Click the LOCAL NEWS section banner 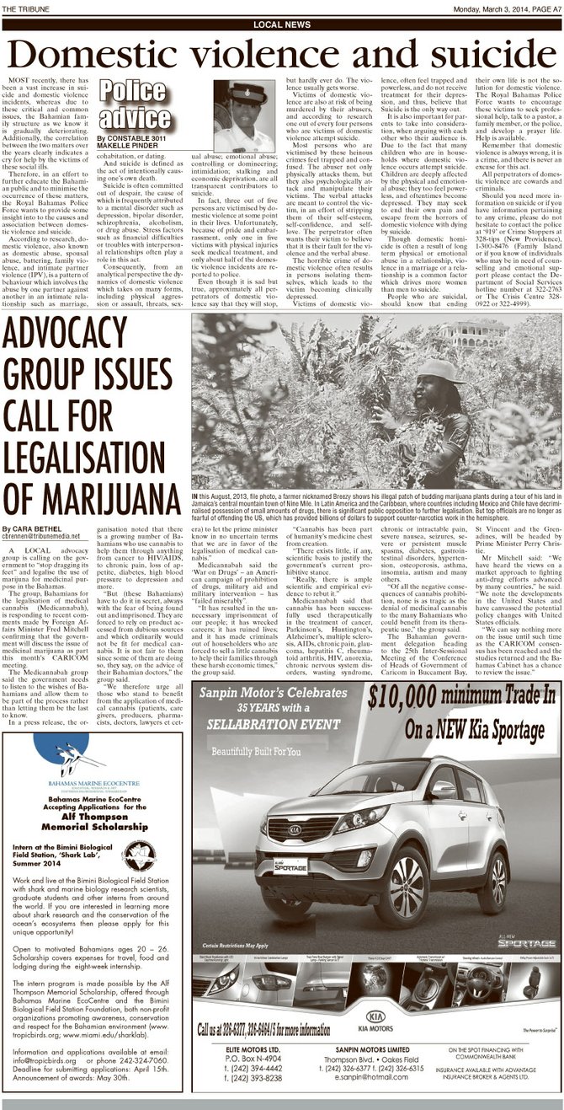point(281,25)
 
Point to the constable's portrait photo point(243,115)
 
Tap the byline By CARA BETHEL point(33,527)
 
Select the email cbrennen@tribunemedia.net point(41,535)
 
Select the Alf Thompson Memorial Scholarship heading point(92,797)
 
